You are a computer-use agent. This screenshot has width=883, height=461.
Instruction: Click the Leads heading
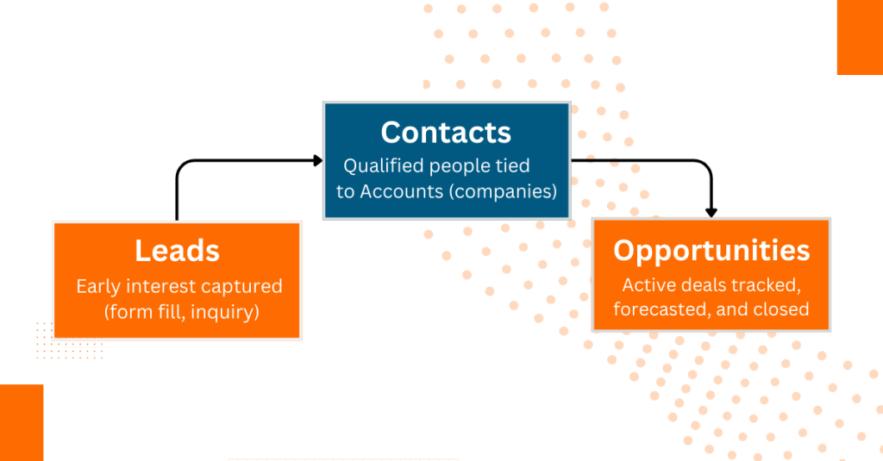tap(177, 250)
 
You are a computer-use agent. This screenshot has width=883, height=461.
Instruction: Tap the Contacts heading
tap(446, 132)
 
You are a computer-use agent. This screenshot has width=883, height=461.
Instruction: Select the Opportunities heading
tap(711, 250)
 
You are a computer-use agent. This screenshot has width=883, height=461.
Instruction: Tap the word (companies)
tap(502, 190)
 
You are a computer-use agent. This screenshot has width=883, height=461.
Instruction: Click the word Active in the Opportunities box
tap(647, 284)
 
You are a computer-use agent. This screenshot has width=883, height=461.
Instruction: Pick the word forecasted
tap(661, 308)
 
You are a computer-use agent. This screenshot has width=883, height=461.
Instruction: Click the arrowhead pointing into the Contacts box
tap(317, 160)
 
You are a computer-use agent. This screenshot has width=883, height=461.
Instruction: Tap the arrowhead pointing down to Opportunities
tap(711, 211)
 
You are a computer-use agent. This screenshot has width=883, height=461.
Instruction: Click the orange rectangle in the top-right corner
tap(860, 37)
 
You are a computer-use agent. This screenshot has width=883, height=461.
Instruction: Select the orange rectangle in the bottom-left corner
tap(22, 422)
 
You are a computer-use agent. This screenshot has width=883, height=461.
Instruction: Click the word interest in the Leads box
tap(166, 286)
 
